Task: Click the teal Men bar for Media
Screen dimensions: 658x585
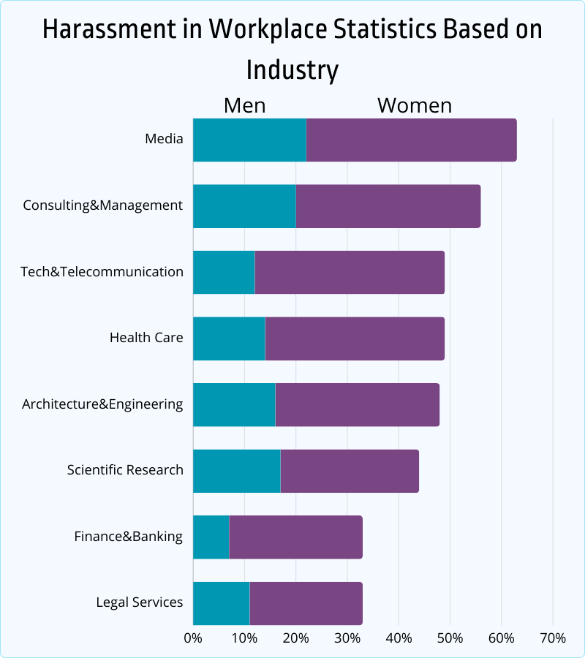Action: [x=249, y=140]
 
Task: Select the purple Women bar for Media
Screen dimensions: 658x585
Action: [x=411, y=140]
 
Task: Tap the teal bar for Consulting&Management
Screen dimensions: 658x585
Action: [x=244, y=206]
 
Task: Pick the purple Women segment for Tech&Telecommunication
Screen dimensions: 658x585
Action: [x=350, y=272]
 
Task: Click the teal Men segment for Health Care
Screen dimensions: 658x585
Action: [x=229, y=339]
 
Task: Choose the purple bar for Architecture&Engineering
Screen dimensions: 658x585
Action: [x=357, y=404]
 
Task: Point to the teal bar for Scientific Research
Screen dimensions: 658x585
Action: [x=236, y=471]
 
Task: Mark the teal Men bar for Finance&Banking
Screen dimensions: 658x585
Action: [x=211, y=537]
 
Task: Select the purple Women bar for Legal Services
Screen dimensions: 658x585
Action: [x=306, y=603]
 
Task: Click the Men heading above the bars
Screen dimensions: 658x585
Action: [x=244, y=105]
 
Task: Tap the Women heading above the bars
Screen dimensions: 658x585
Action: [x=415, y=105]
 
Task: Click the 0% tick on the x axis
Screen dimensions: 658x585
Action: [x=193, y=638]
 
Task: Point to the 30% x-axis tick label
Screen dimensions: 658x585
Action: [x=347, y=638]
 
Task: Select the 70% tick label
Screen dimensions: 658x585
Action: [x=552, y=638]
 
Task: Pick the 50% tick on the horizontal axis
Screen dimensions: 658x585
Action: [x=450, y=638]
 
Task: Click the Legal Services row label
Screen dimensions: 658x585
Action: [x=140, y=602]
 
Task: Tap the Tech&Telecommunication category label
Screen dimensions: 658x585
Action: [x=102, y=272]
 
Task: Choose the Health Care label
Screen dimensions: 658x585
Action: [x=146, y=338]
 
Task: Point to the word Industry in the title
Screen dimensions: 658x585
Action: [x=292, y=70]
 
